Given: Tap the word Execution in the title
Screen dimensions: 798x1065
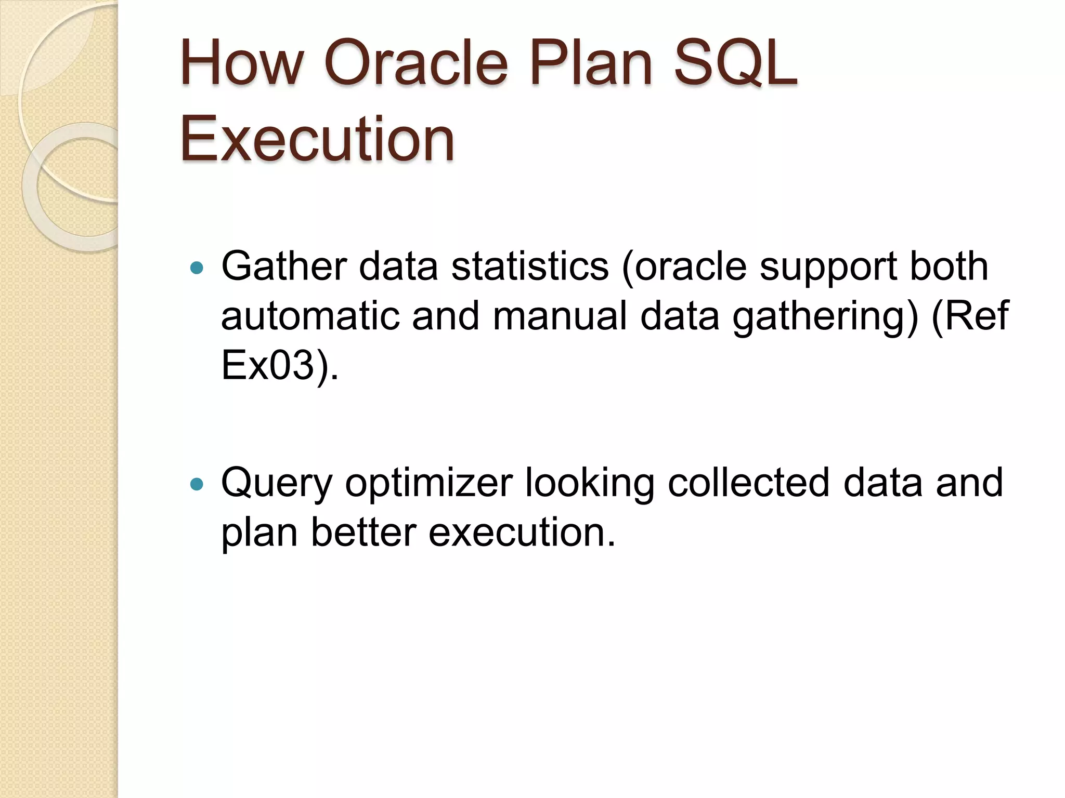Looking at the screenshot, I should (317, 139).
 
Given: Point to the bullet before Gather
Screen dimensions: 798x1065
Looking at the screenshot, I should (197, 269).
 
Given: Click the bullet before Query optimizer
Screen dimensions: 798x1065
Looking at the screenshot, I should (197, 485).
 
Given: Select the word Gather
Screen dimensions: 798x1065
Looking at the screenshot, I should (284, 266).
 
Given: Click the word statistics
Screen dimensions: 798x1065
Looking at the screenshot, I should (529, 266).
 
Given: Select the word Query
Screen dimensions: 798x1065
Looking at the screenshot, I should (276, 483).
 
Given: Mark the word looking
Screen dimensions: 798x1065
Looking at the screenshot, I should (589, 483).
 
